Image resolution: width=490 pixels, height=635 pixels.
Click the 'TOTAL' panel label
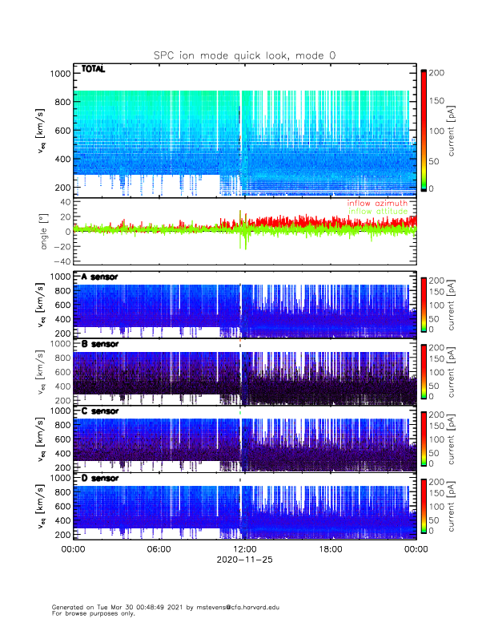93,70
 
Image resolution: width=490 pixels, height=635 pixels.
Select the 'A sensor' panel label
99,277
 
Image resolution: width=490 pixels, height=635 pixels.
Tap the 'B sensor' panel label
99,344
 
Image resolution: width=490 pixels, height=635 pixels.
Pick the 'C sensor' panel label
99,411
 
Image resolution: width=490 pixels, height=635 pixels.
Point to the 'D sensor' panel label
99,479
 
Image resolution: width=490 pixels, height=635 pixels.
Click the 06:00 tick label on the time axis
159,549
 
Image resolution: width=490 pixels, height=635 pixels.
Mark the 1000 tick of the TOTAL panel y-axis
60,74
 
